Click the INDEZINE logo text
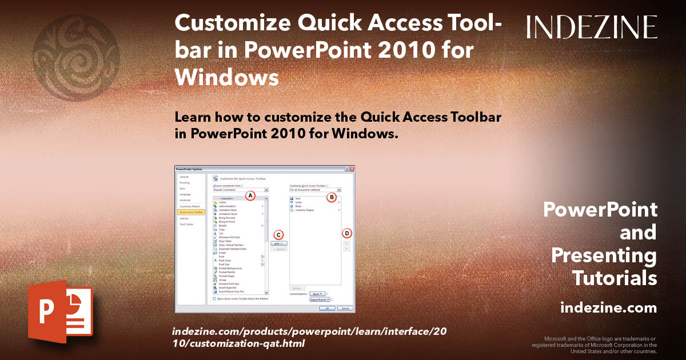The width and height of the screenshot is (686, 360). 592,27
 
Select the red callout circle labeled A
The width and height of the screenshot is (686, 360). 250,195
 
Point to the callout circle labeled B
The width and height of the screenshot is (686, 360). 331,197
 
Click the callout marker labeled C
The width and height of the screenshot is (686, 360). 279,234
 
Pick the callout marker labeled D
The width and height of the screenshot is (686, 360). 346,233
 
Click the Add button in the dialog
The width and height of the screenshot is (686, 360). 279,243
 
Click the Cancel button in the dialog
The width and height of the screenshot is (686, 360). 345,308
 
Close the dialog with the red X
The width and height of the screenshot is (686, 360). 352,169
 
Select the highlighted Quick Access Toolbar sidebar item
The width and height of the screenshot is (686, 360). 192,212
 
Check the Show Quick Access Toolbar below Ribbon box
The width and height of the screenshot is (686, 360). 214,298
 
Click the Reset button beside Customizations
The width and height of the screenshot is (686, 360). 318,294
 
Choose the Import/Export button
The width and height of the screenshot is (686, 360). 320,299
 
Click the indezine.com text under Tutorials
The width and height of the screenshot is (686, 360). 608,308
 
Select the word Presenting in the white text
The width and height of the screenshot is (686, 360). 604,255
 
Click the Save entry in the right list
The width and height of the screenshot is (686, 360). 298,198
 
